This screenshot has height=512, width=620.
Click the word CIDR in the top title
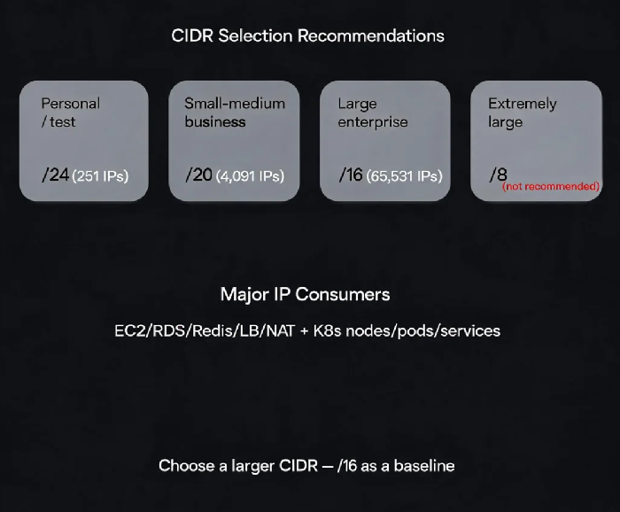coord(192,35)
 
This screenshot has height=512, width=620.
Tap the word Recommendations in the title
coord(371,35)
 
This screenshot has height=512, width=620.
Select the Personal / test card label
coord(70,112)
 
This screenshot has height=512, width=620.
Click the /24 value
coord(55,175)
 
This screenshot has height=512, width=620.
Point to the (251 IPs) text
coord(100,176)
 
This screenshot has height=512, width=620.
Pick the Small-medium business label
coord(235,112)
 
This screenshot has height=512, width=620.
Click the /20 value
coord(199,175)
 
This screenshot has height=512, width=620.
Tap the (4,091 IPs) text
coord(250,176)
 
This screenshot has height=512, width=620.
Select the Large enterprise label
coord(373,113)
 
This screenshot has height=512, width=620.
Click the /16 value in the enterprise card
coord(351,175)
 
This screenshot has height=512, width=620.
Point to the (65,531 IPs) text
coord(404,176)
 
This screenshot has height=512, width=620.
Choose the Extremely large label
coord(523,113)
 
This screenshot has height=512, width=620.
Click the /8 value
coord(498,175)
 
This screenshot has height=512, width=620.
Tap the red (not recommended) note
coord(551,186)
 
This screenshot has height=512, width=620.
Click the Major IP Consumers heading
coord(306,295)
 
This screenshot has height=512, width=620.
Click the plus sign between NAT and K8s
coord(304,331)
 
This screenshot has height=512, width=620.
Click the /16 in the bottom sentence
coord(347,466)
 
